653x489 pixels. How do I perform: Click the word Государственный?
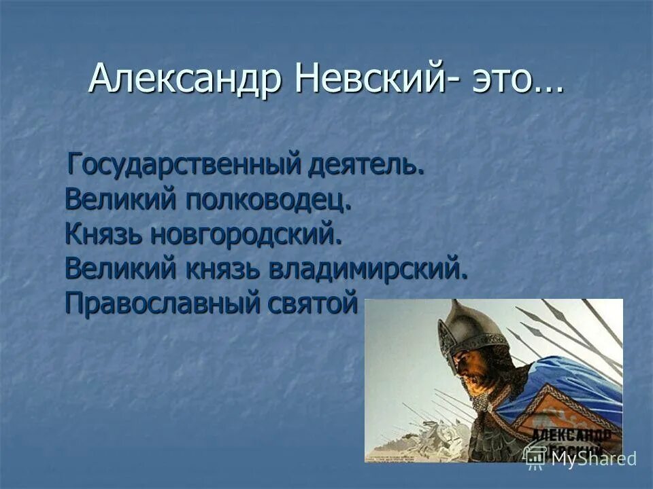184,165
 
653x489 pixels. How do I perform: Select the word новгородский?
245,234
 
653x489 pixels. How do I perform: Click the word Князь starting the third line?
103,234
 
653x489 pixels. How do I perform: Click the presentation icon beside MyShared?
535,458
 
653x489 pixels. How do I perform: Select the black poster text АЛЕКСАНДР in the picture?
571,435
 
